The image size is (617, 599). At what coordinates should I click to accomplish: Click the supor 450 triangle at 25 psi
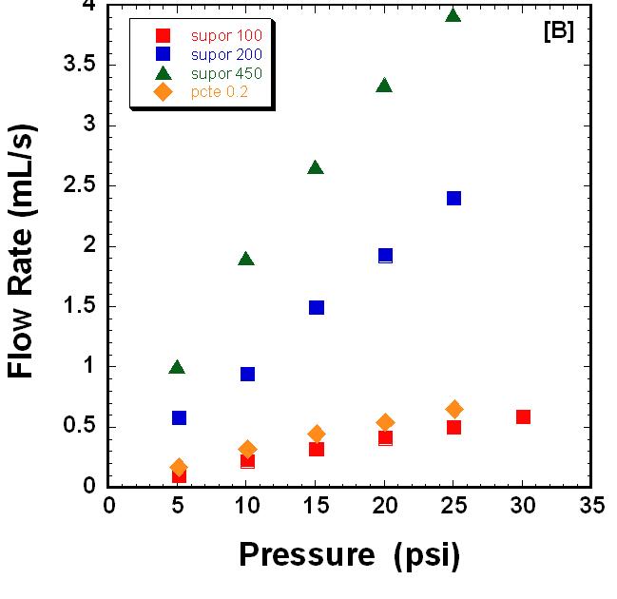(453, 16)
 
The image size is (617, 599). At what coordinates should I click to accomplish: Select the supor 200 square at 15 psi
(317, 307)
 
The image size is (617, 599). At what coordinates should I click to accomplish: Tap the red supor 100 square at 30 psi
(523, 416)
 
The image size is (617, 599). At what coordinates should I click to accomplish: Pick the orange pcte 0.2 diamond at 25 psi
(454, 409)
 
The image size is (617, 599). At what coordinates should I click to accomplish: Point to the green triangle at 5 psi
(177, 368)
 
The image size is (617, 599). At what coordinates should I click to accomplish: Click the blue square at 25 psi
(454, 199)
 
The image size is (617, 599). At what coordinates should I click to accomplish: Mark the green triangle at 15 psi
(316, 168)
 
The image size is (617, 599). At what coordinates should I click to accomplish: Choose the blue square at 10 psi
(247, 374)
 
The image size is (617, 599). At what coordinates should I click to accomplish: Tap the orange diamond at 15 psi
(317, 434)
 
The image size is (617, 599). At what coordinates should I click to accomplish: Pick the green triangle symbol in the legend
(163, 73)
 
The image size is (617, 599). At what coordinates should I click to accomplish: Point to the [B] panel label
(558, 31)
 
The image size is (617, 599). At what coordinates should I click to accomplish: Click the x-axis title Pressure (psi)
(349, 553)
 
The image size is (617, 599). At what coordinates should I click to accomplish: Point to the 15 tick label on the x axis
(316, 505)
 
